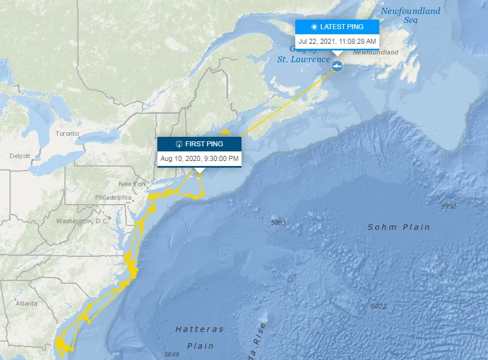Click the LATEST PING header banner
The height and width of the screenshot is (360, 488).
337,27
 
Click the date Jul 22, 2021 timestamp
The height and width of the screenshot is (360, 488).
337,41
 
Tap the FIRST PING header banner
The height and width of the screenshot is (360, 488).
199,144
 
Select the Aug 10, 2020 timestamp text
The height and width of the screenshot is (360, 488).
199,159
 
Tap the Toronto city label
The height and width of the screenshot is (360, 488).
68,134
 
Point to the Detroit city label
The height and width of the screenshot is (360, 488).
20,155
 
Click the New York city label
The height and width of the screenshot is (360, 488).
133,184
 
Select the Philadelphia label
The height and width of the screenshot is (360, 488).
114,197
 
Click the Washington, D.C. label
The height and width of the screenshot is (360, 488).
82,221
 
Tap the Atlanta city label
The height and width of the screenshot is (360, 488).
26,303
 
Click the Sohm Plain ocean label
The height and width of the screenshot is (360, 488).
399,227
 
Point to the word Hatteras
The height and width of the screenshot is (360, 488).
199,329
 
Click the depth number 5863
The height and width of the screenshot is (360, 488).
278,223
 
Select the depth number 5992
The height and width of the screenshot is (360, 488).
449,206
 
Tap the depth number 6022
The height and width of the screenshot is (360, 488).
379,306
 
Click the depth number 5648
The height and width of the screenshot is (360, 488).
171,354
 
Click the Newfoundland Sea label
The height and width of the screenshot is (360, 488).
411,15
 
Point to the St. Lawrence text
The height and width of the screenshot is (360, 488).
304,59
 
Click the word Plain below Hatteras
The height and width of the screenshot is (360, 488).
200,346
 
